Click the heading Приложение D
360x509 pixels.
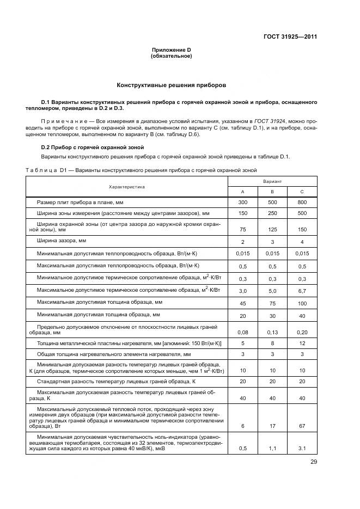[171, 50]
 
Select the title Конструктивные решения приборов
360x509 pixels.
[171, 85]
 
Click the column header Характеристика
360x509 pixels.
[126, 187]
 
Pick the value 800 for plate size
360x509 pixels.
[302, 203]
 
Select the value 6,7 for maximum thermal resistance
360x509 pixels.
[302, 291]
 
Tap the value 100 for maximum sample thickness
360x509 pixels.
[302, 303]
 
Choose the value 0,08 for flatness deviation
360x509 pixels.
[242, 332]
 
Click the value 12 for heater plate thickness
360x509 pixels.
[302, 343]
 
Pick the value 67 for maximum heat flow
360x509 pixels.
[302, 426]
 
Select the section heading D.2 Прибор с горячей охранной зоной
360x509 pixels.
[84, 148]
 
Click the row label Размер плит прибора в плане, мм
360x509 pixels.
[80, 203]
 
